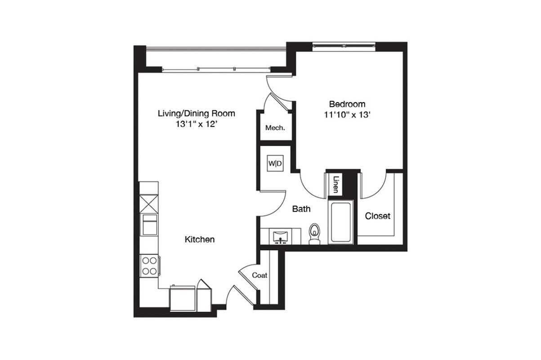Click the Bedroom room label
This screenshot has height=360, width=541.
point(347,104)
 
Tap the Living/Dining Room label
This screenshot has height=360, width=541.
point(197,113)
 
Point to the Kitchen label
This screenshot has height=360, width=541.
point(200,239)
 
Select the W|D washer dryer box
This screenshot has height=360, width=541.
point(275,163)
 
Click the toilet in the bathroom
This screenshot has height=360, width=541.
point(314,234)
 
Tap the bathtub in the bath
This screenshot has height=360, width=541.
point(341,222)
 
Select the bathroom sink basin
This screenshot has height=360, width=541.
point(281,237)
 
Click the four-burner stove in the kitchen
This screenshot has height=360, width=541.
point(149,266)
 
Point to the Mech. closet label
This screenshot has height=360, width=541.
point(275,127)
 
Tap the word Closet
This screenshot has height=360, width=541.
point(377,216)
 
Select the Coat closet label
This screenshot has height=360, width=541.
point(259,275)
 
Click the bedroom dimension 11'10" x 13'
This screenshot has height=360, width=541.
point(347,115)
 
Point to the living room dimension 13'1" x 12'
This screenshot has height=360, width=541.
point(197,124)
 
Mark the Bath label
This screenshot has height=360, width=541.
point(301,209)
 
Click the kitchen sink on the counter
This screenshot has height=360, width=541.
point(150,225)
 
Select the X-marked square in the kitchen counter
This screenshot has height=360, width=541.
point(149,204)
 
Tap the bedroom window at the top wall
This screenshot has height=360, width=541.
point(344,46)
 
